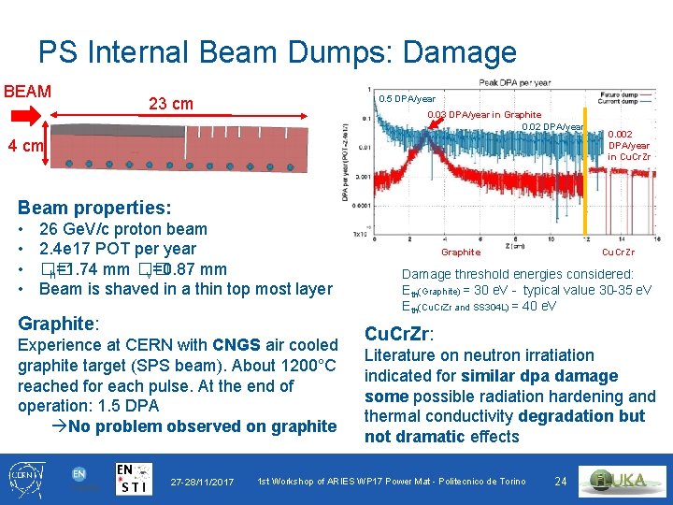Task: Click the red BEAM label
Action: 27,92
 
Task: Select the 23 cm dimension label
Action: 171,104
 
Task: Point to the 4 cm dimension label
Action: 24,146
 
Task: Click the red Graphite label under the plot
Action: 461,252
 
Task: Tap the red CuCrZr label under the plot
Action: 618,252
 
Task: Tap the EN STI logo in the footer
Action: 134,478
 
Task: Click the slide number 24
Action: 561,482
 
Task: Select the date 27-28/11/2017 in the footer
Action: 202,482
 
